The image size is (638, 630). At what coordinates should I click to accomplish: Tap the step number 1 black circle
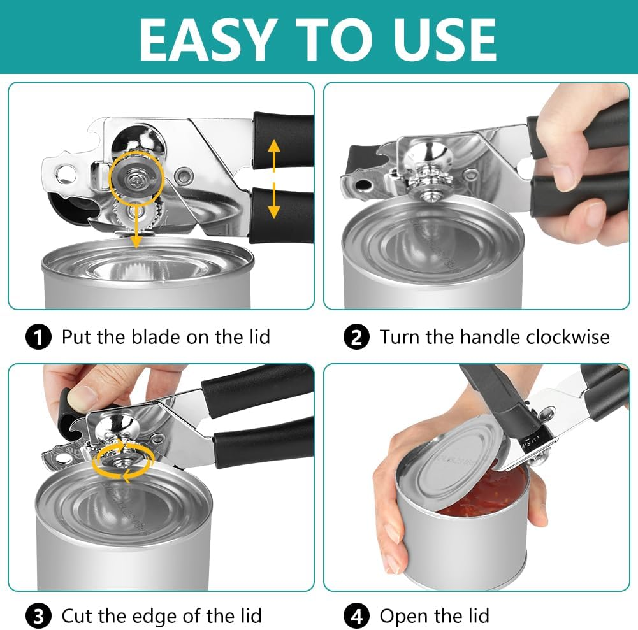pos(39,336)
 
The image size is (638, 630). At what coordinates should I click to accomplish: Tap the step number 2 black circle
pos(356,336)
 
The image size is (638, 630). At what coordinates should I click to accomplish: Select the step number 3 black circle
pos(39,616)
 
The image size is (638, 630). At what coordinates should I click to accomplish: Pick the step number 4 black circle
pos(356,616)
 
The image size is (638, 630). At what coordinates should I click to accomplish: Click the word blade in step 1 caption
pos(151,336)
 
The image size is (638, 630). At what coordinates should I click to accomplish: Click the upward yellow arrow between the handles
pos(274,155)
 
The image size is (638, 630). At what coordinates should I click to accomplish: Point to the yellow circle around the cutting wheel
pos(136,180)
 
